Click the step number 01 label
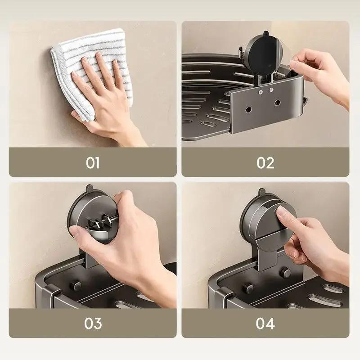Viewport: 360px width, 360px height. tap(93, 162)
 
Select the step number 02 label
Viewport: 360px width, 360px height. tap(265, 162)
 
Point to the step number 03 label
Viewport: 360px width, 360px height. tap(93, 323)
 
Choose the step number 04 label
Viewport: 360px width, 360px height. tap(265, 323)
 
